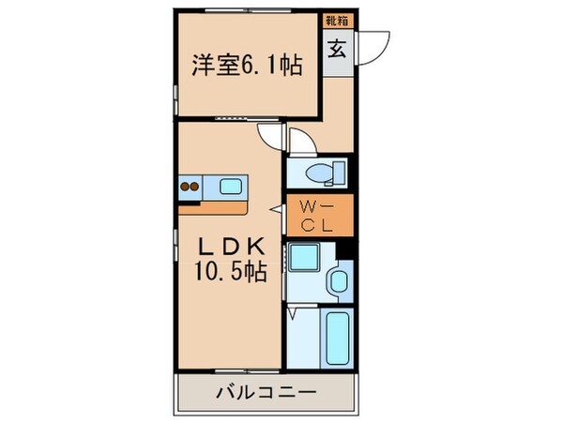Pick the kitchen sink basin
pyautogui.click(x=231, y=186)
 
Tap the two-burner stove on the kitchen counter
pyautogui.click(x=189, y=186)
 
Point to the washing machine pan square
pyautogui.click(x=303, y=258)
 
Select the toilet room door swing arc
pyautogui.click(x=301, y=143)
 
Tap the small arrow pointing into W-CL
pyautogui.click(x=275, y=208)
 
